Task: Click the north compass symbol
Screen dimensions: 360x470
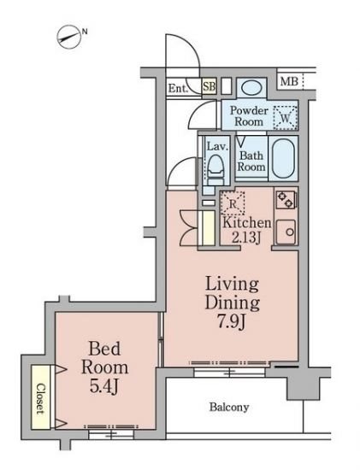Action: (x=69, y=37)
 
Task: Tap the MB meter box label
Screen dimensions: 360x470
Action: (x=289, y=81)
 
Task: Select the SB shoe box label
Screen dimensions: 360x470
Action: (x=210, y=86)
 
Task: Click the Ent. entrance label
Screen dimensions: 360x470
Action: (x=178, y=88)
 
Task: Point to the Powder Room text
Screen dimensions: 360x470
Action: (x=249, y=116)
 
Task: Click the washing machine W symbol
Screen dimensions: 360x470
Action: (x=286, y=118)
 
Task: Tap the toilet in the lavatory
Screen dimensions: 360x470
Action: (x=215, y=169)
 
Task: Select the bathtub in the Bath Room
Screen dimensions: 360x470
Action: (x=283, y=158)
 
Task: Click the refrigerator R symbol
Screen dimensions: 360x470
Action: (x=233, y=203)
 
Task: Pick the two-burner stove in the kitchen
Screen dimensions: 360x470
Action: (x=286, y=200)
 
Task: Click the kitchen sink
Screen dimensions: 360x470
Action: (x=286, y=232)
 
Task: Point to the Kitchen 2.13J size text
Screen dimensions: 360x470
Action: (x=246, y=230)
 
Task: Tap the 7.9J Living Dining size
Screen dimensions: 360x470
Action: (x=232, y=322)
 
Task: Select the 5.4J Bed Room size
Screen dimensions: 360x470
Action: (x=104, y=386)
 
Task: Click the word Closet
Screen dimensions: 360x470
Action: (x=40, y=399)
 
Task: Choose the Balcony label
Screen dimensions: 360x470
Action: (x=229, y=407)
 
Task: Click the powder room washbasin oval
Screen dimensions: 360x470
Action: (x=251, y=88)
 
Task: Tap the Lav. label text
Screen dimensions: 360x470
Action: (x=218, y=147)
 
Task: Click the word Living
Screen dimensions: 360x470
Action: (x=232, y=285)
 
